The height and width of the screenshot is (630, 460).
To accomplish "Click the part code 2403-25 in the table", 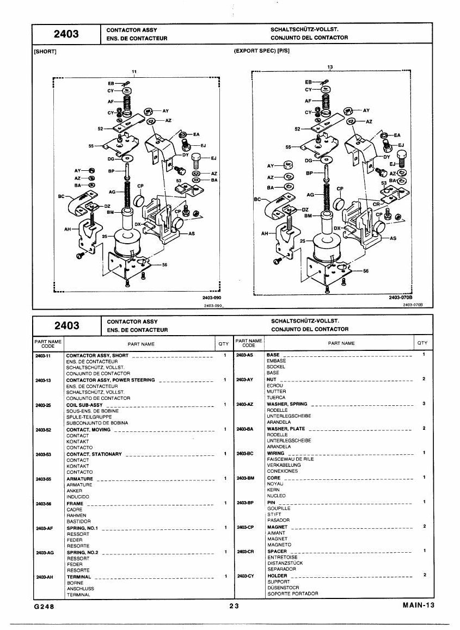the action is click(43, 405).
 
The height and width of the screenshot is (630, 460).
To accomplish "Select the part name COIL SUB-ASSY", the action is click(84, 405).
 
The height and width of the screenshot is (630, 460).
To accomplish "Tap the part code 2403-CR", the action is click(246, 552).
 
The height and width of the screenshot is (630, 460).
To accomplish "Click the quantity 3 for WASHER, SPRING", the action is click(424, 403).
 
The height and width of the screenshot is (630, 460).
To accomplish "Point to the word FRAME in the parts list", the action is click(75, 503).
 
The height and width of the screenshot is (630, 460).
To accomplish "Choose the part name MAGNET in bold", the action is click(278, 527).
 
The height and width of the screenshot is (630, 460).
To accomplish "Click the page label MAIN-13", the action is click(419, 606).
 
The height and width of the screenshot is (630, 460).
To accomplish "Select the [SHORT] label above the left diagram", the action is click(45, 52).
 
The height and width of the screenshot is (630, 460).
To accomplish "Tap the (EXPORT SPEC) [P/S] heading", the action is click(261, 51).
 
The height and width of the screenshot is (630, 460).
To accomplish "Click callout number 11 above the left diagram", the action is click(134, 72).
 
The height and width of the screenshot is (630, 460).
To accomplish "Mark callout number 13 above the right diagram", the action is click(330, 67).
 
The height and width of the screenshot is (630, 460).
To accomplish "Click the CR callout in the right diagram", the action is click(376, 204).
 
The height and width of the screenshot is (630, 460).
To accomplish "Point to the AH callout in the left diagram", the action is click(68, 230).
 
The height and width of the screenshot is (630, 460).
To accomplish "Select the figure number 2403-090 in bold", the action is click(212, 298).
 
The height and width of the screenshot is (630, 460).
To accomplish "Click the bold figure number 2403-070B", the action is click(401, 298).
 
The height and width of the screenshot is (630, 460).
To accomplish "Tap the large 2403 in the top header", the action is click(66, 34).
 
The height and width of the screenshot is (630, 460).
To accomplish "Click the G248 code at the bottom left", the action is click(44, 607).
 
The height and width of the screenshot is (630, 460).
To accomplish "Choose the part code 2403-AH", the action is click(44, 577).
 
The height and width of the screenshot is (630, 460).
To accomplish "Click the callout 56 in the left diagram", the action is click(164, 265).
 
